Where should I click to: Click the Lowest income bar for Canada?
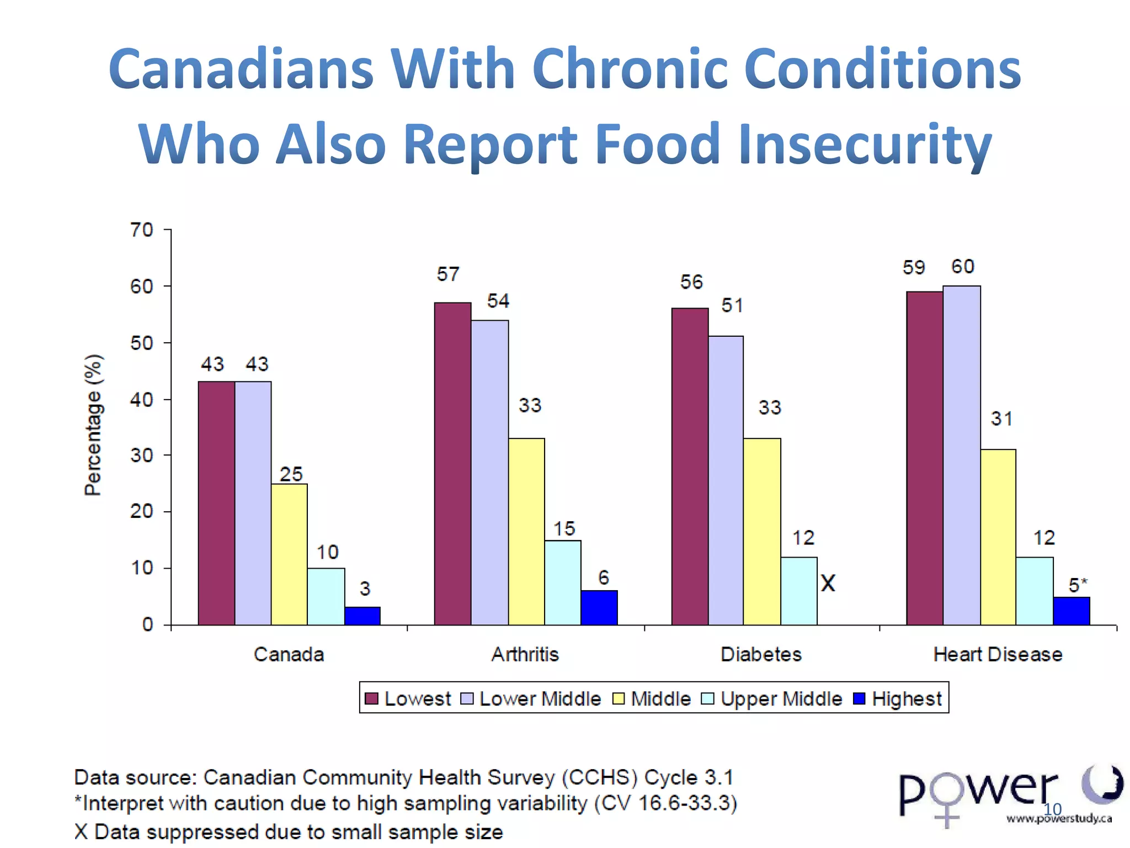pos(216,502)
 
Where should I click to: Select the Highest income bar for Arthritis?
pos(599,607)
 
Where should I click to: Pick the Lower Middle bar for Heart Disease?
pos(962,455)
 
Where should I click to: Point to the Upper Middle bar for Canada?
pos(326,596)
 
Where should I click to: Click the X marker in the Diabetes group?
pos(828,583)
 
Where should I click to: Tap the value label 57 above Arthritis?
pos(448,274)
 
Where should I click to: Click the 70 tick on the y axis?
pos(142,230)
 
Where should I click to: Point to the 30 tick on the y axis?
pos(142,455)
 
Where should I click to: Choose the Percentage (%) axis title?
pos(93,425)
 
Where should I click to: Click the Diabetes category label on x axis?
pos(761,655)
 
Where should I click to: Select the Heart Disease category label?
pos(998,655)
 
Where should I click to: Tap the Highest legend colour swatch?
pos(859,699)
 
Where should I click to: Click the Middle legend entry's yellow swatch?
pos(619,699)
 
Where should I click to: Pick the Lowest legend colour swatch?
pos(372,699)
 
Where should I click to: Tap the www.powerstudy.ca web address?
pos(1059,819)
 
